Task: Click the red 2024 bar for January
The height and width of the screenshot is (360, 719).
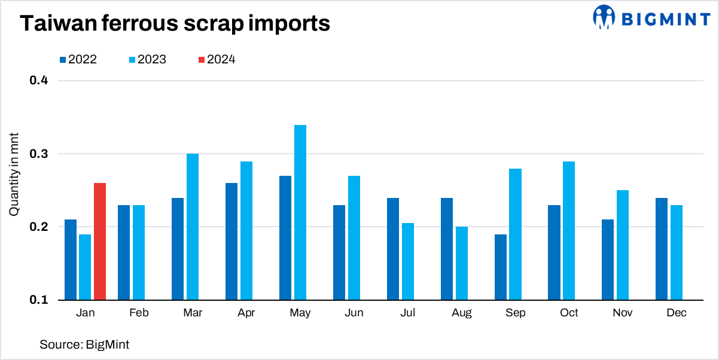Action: click(100, 242)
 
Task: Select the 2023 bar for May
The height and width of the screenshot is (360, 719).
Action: click(300, 212)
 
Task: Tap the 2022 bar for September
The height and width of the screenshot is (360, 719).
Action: click(500, 267)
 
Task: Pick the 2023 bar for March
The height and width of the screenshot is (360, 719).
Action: click(193, 227)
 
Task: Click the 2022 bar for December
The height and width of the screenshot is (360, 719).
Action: click(662, 249)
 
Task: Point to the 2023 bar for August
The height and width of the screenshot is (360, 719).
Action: click(461, 263)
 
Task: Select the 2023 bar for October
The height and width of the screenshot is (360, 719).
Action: click(569, 230)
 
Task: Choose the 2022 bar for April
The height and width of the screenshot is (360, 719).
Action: click(231, 242)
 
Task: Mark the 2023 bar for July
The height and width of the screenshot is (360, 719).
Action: click(407, 261)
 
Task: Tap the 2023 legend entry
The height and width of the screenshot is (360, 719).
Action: click(147, 59)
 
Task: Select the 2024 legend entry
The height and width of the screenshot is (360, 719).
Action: click(217, 59)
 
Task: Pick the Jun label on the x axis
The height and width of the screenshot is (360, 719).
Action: click(354, 313)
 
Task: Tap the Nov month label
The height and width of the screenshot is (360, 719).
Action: click(623, 313)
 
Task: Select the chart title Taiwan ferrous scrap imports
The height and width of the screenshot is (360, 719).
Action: click(175, 23)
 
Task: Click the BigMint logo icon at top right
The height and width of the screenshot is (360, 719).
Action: click(604, 17)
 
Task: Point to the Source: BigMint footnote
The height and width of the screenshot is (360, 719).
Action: click(84, 344)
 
